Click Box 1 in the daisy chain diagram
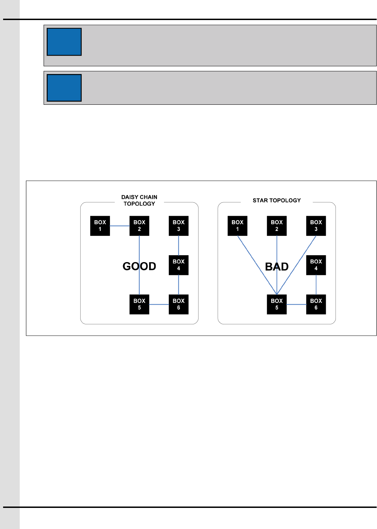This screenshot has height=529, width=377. click(100, 226)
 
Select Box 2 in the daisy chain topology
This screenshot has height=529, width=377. click(139, 226)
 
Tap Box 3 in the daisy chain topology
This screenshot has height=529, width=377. click(178, 226)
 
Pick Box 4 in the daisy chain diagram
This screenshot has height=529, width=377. click(178, 265)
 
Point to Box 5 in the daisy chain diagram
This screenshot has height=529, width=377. click(139, 304)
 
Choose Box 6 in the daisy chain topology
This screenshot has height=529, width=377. click(178, 304)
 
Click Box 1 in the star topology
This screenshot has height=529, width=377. click(237, 226)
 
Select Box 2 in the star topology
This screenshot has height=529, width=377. click(277, 226)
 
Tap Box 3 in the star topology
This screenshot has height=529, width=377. click(316, 226)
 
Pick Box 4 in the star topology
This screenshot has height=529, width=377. click(316, 265)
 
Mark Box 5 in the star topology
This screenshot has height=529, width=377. click(277, 304)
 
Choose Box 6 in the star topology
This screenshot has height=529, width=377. click(316, 304)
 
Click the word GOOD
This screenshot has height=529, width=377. click(139, 266)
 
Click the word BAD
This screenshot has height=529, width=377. click(277, 267)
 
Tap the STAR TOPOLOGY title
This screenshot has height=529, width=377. click(277, 201)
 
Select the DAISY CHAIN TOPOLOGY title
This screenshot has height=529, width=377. click(139, 200)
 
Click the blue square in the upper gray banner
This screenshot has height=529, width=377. click(64, 42)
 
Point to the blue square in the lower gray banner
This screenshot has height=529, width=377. click(64, 88)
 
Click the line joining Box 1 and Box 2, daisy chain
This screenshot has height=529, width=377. click(120, 226)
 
